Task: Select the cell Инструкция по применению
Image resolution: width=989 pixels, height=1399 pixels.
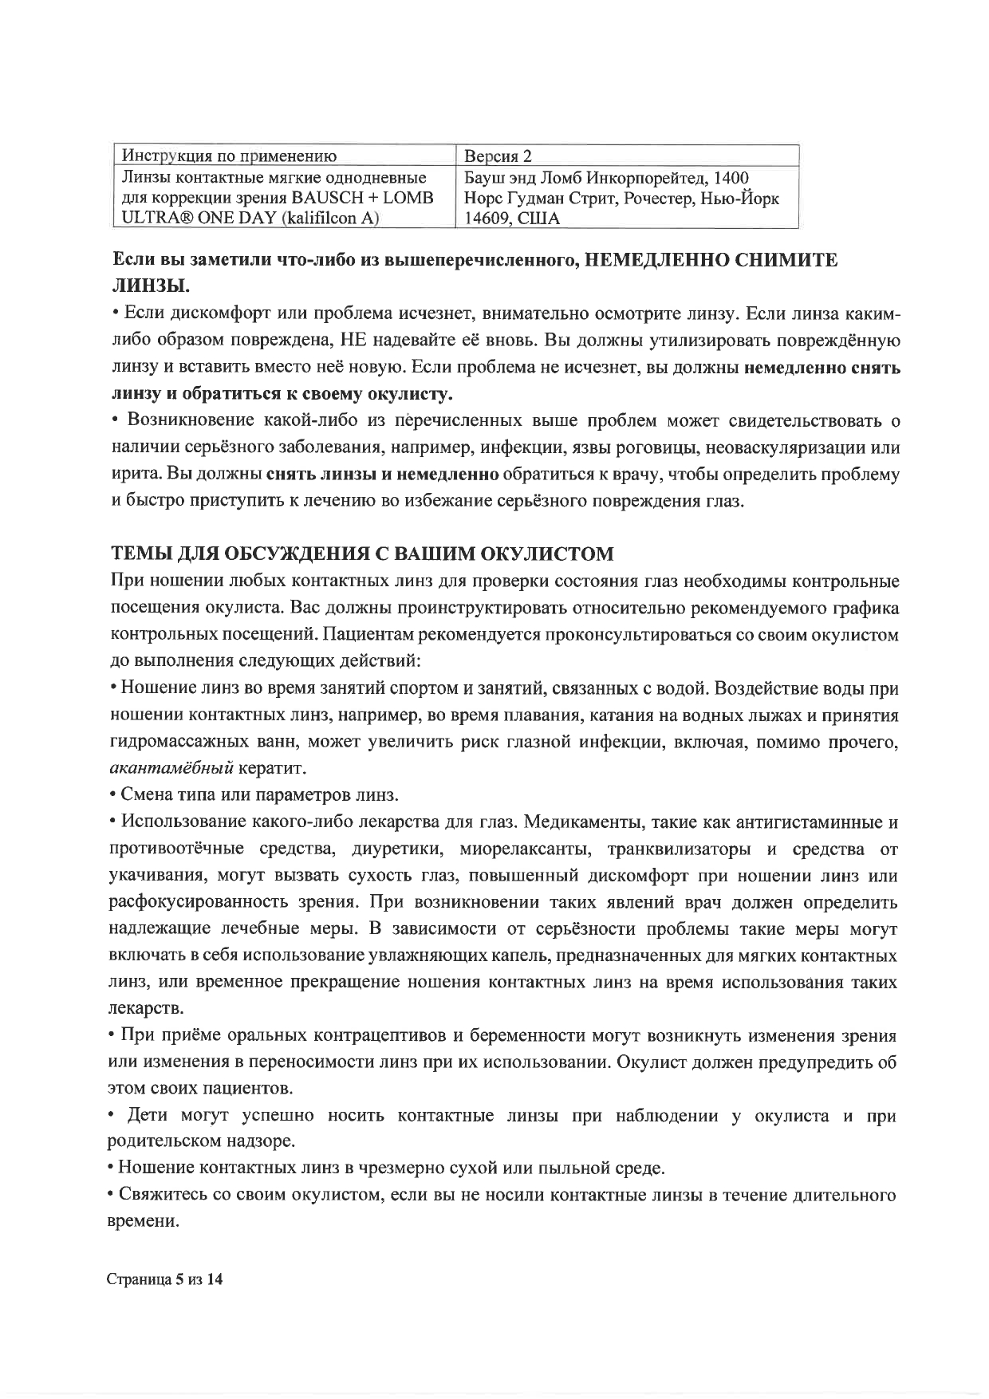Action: [x=227, y=155]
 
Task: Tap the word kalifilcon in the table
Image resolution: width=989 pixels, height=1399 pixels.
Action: [x=322, y=218]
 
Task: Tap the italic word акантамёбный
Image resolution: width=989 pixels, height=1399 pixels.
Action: [x=171, y=769]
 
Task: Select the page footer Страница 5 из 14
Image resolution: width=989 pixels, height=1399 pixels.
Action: [x=167, y=1279]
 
